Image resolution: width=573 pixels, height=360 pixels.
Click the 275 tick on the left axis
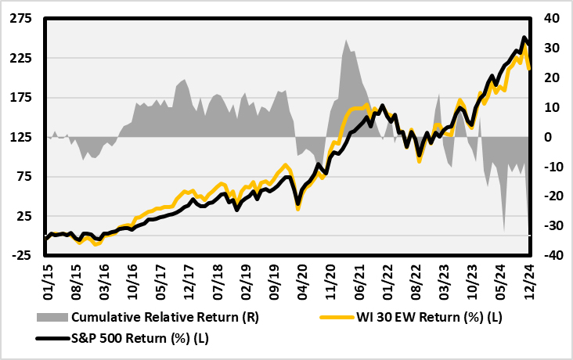tap(21, 20)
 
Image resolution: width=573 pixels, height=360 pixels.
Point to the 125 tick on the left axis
tap(21, 137)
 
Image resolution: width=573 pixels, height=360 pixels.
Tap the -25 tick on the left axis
tap(21, 255)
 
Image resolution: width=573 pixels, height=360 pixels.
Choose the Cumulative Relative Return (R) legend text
tap(164, 318)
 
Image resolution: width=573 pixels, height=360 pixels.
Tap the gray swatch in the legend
tap(52, 318)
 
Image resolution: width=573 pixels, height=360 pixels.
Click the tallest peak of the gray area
tap(346, 40)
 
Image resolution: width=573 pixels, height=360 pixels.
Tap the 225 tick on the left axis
tap(21, 59)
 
